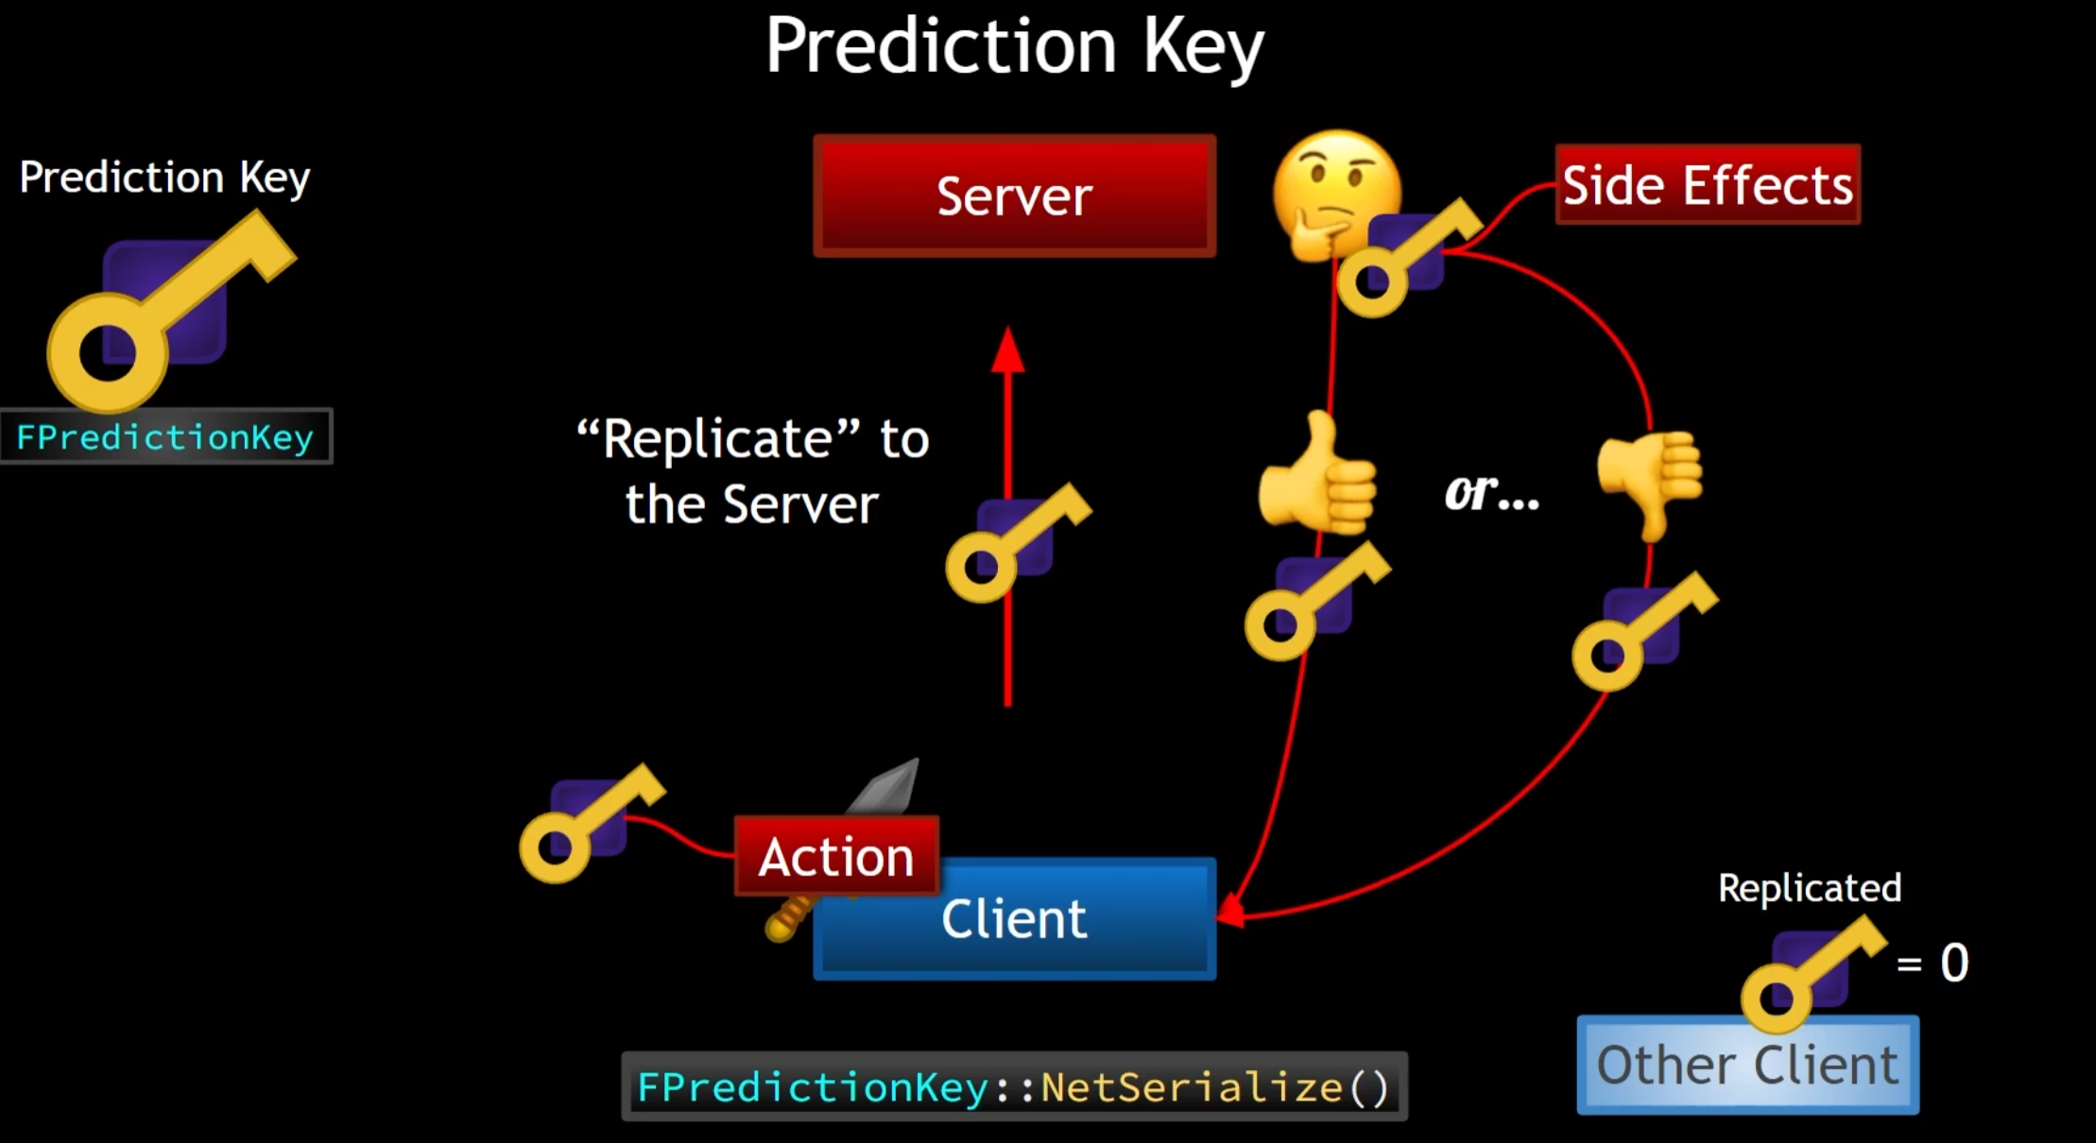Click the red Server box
click(1014, 196)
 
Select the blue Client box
click(1014, 919)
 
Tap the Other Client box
click(1747, 1066)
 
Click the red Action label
click(836, 856)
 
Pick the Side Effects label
click(1708, 184)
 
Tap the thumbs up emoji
click(1317, 477)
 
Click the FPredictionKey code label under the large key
click(165, 437)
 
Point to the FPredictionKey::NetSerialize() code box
click(1014, 1087)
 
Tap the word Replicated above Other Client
click(1809, 888)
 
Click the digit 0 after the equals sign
click(1954, 963)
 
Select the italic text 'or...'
click(1491, 492)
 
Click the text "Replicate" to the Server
click(752, 470)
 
